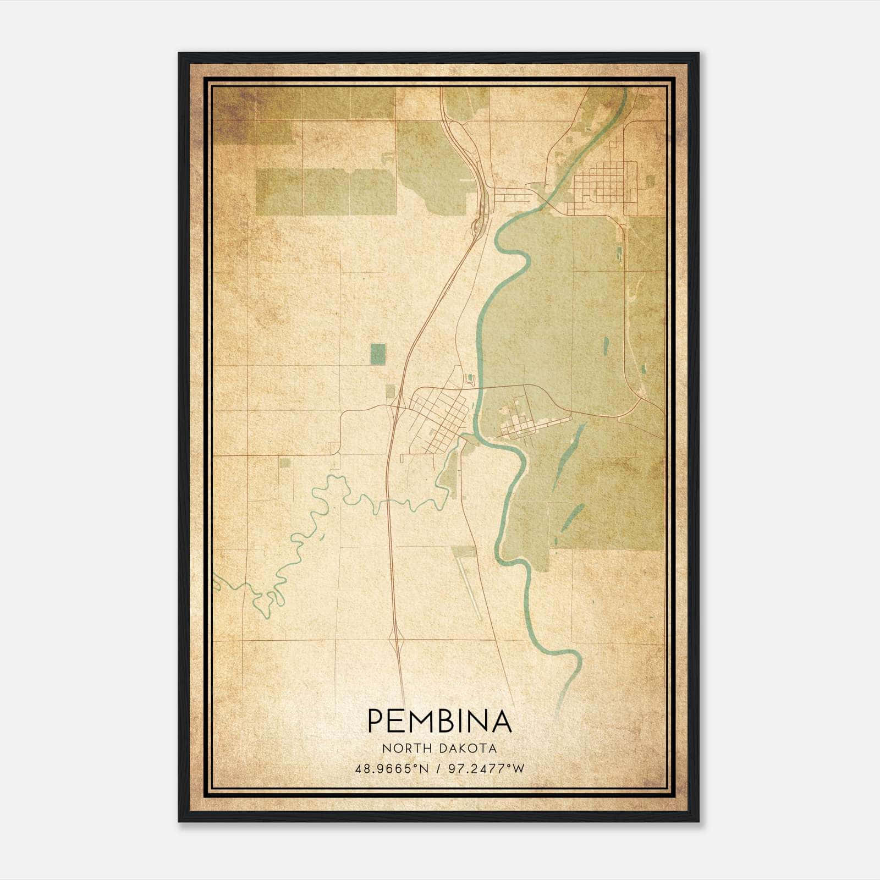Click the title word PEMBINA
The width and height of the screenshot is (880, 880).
tap(439, 721)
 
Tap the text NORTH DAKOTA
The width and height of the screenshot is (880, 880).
tap(439, 749)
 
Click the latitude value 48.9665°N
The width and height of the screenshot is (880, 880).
tap(391, 768)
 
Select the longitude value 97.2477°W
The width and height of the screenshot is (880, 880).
tap(486, 768)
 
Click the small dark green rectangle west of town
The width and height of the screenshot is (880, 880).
tap(377, 354)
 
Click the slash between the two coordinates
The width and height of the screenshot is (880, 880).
tap(438, 768)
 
